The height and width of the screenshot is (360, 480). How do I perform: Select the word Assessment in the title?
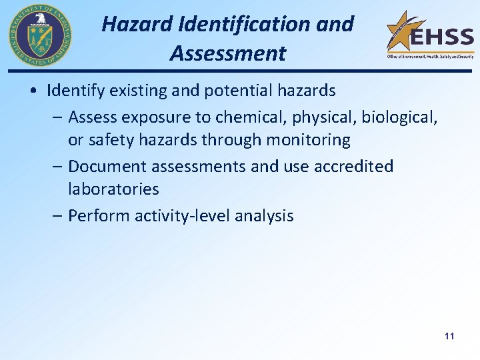coord(227,53)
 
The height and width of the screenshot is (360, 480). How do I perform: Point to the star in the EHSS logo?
coord(403,31)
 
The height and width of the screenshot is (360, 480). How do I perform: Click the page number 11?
coord(449,336)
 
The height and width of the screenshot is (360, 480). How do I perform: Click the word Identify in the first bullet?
coord(73,89)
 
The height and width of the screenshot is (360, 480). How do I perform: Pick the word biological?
coord(399,117)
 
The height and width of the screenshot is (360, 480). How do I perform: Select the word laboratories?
coord(113,189)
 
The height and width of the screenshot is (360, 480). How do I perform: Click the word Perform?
coord(99,216)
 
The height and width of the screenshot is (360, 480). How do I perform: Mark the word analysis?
coord(265,216)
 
